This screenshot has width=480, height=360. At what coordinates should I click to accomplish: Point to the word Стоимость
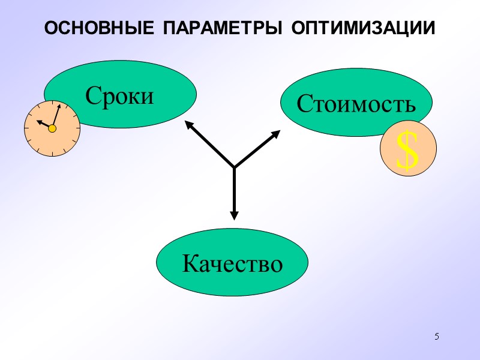click(x=356, y=104)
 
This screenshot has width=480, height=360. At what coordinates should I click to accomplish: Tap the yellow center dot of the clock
click(x=52, y=128)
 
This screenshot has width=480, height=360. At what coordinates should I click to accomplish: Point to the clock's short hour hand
click(x=44, y=124)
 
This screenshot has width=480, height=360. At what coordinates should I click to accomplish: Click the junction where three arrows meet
click(x=234, y=167)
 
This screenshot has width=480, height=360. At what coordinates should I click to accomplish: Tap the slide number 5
click(x=437, y=336)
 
